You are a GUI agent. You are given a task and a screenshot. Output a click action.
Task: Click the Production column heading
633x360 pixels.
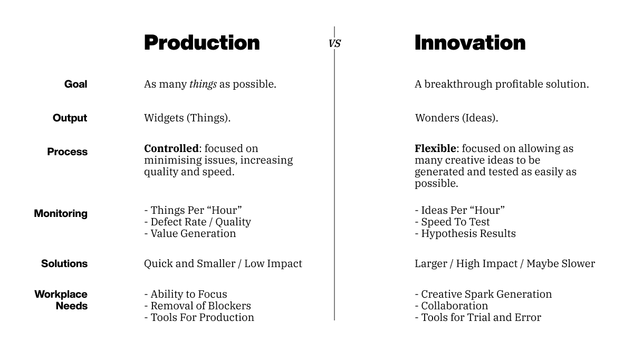tap(202, 43)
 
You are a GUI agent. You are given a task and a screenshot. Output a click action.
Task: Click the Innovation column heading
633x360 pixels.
tap(470, 43)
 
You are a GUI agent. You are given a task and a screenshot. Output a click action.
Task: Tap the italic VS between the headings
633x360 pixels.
tap(334, 44)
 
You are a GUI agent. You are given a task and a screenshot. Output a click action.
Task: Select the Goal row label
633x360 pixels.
tap(76, 84)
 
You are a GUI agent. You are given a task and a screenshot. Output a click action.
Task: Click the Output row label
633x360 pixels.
tap(70, 118)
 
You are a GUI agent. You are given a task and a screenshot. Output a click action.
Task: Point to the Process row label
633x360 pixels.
tap(68, 151)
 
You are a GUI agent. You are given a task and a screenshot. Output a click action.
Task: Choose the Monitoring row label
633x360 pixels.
tap(61, 213)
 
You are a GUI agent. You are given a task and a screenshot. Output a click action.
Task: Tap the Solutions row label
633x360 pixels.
tap(64, 263)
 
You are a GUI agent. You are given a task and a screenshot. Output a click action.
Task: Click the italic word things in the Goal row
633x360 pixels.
tap(203, 84)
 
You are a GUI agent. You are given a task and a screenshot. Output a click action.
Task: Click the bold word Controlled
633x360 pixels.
tap(171, 148)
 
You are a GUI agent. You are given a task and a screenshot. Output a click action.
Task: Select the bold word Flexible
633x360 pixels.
tap(435, 148)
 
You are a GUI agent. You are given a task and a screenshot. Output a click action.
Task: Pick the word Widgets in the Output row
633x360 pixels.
tap(164, 118)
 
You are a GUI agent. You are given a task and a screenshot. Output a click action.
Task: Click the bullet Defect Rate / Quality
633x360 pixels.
tap(197, 222)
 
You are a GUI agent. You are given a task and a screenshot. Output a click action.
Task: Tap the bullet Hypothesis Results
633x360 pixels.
tap(465, 234)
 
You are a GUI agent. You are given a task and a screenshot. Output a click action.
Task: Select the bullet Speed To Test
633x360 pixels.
tap(452, 222)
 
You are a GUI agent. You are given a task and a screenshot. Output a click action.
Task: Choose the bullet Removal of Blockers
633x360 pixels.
tap(197, 306)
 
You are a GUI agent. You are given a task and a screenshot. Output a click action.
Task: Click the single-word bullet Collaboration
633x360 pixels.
tap(452, 306)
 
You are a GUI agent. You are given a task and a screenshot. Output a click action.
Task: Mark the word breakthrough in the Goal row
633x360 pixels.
tap(458, 84)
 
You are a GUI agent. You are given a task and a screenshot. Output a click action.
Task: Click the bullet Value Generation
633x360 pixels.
tap(190, 234)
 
